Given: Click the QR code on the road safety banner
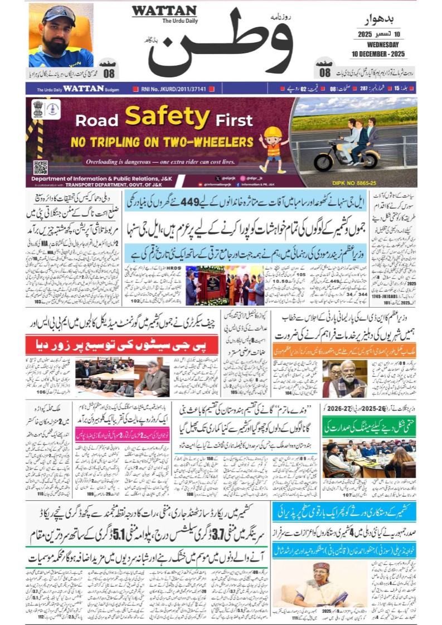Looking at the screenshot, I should [x=40, y=166].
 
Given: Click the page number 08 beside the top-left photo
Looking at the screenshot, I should [x=109, y=73].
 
